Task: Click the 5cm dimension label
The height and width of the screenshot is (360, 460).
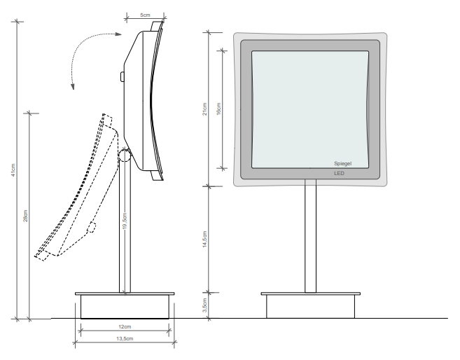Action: pyautogui.click(x=145, y=15)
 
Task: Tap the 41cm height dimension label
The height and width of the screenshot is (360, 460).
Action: pyautogui.click(x=13, y=170)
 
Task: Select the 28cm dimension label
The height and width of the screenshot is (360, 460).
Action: pyautogui.click(x=25, y=216)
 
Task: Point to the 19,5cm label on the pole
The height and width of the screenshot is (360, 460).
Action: pyautogui.click(x=125, y=221)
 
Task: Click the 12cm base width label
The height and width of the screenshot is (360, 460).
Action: pyautogui.click(x=125, y=326)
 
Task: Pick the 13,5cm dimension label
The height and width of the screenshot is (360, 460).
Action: pyautogui.click(x=125, y=338)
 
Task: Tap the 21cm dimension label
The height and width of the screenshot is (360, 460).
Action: pyautogui.click(x=204, y=109)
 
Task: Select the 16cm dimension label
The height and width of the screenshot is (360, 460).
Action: pyautogui.click(x=218, y=109)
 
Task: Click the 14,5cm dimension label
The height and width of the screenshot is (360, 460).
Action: pyautogui.click(x=204, y=239)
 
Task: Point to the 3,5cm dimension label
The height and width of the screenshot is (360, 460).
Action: pyautogui.click(x=204, y=305)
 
